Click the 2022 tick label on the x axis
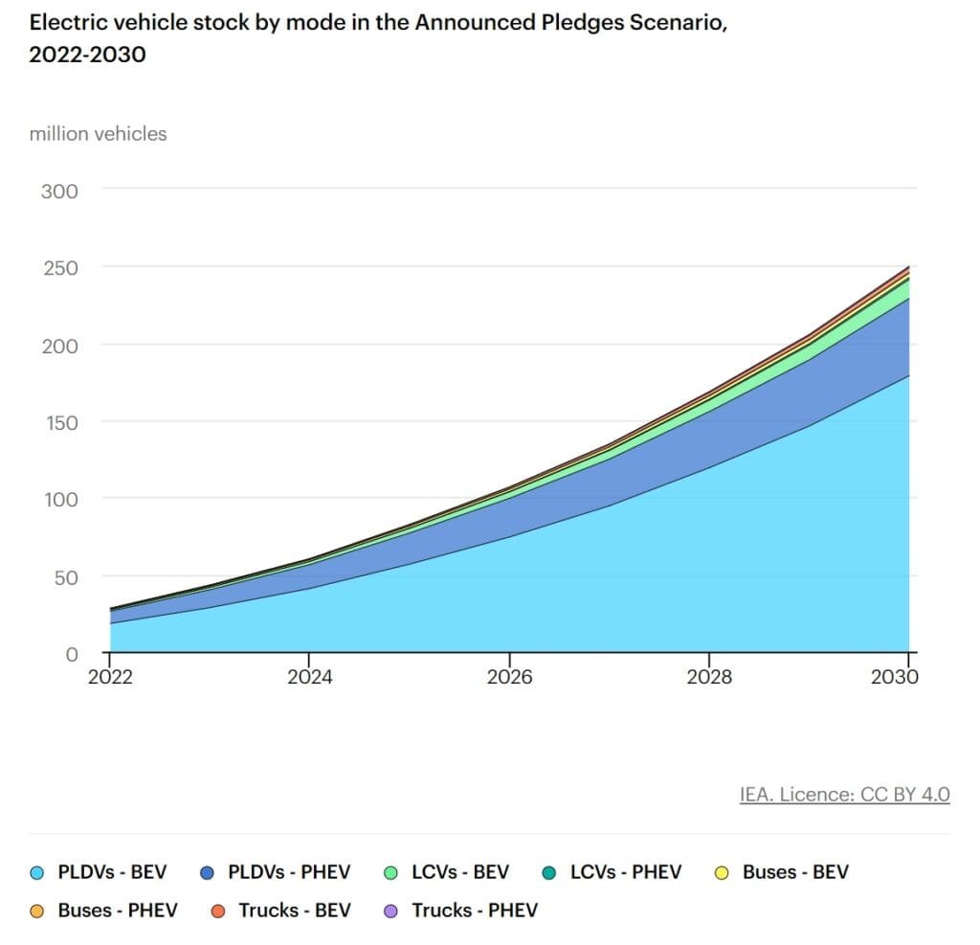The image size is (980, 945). [110, 678]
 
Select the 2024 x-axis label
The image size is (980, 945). [309, 678]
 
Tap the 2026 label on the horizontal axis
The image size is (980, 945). [509, 678]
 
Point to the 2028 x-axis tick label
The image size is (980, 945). [709, 678]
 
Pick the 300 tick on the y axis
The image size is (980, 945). [58, 191]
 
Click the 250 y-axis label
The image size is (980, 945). [58, 267]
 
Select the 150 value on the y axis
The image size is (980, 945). [58, 422]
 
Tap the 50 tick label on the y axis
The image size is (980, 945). [64, 577]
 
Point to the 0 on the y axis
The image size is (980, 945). [71, 655]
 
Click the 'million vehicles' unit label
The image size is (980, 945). [98, 134]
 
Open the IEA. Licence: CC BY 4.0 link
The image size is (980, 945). [844, 795]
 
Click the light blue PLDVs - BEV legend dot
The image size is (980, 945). [37, 873]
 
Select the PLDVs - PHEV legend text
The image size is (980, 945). [289, 872]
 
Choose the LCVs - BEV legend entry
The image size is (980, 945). [460, 872]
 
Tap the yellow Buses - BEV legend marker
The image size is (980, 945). [724, 873]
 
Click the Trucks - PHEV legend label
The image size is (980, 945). [475, 911]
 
